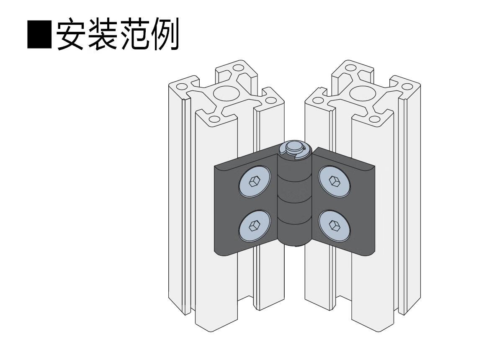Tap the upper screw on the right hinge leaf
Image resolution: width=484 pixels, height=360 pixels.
pyautogui.click(x=334, y=181)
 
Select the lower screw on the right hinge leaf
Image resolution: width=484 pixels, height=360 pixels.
pyautogui.click(x=334, y=225)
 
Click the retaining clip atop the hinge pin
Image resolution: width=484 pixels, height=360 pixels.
pyautogui.click(x=295, y=149)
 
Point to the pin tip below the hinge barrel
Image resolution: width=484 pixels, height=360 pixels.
pyautogui.click(x=296, y=245)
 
